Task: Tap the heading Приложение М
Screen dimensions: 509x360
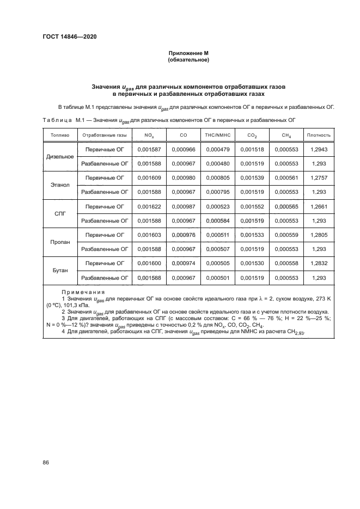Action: click(188, 53)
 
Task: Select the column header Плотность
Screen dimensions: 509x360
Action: click(319, 134)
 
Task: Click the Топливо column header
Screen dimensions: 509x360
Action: click(59, 134)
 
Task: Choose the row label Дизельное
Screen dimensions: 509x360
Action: click(59, 157)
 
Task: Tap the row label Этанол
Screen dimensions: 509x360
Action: click(59, 185)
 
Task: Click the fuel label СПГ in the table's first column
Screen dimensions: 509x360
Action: click(59, 214)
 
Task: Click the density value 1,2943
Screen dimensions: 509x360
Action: click(319, 149)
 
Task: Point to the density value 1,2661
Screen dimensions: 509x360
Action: click(319, 206)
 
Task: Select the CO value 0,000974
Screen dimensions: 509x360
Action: click(183, 263)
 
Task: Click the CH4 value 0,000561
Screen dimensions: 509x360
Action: click(286, 177)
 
